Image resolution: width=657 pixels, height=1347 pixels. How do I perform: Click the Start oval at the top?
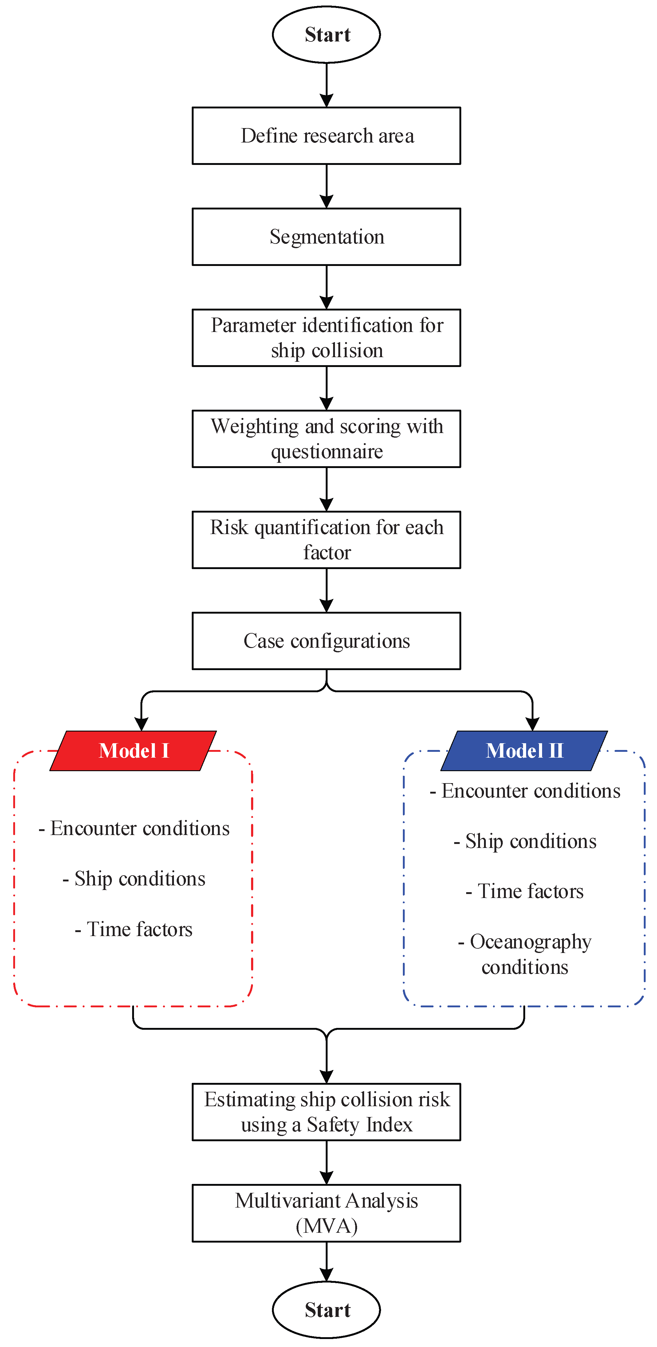(x=326, y=34)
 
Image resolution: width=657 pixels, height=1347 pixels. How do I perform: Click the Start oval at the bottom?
(x=326, y=1309)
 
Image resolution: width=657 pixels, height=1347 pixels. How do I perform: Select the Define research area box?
(x=326, y=136)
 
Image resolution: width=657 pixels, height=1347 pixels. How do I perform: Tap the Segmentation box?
(x=326, y=237)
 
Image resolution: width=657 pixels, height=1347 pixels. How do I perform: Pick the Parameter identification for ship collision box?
(x=326, y=338)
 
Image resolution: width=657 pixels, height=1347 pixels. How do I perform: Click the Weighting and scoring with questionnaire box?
(x=326, y=439)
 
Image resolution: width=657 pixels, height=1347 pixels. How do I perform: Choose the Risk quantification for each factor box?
(x=326, y=540)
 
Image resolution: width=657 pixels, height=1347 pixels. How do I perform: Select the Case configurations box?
(x=326, y=641)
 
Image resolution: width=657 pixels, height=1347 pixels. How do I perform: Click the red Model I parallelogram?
(x=133, y=751)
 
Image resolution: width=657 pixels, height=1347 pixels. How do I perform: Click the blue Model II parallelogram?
(x=524, y=751)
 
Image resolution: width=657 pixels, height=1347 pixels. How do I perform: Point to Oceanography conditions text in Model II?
(x=525, y=954)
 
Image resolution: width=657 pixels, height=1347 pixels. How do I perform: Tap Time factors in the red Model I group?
(x=134, y=929)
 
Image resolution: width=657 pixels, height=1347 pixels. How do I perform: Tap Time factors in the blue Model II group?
(x=525, y=891)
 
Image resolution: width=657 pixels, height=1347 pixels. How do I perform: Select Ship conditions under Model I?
(x=134, y=879)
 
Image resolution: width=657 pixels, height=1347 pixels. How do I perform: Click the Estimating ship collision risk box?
(x=326, y=1112)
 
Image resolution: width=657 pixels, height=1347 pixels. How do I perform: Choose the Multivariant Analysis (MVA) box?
(x=326, y=1213)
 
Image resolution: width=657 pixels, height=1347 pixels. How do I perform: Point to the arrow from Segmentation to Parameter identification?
(x=326, y=287)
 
